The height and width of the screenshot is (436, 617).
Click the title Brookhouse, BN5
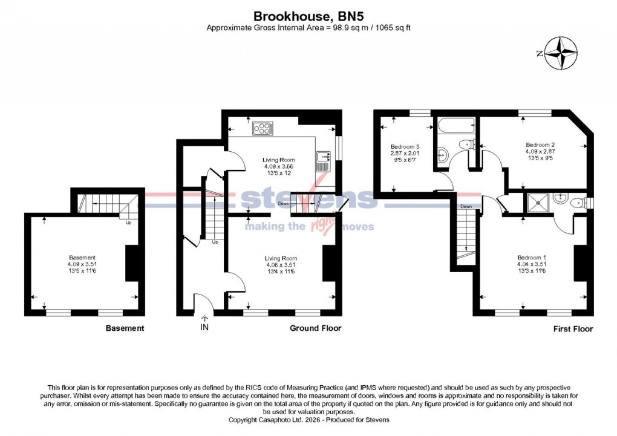[308, 16]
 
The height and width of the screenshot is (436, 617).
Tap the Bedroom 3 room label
[405, 148]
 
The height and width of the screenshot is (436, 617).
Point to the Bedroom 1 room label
[532, 257]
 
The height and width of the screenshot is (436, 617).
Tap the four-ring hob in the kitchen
[263, 128]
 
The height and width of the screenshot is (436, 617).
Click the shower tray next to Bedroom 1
[537, 204]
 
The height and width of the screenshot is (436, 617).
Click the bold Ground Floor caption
[315, 328]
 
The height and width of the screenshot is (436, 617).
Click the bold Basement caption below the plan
[125, 328]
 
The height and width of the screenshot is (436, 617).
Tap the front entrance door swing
[203, 301]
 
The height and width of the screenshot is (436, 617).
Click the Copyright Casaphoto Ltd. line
[308, 419]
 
